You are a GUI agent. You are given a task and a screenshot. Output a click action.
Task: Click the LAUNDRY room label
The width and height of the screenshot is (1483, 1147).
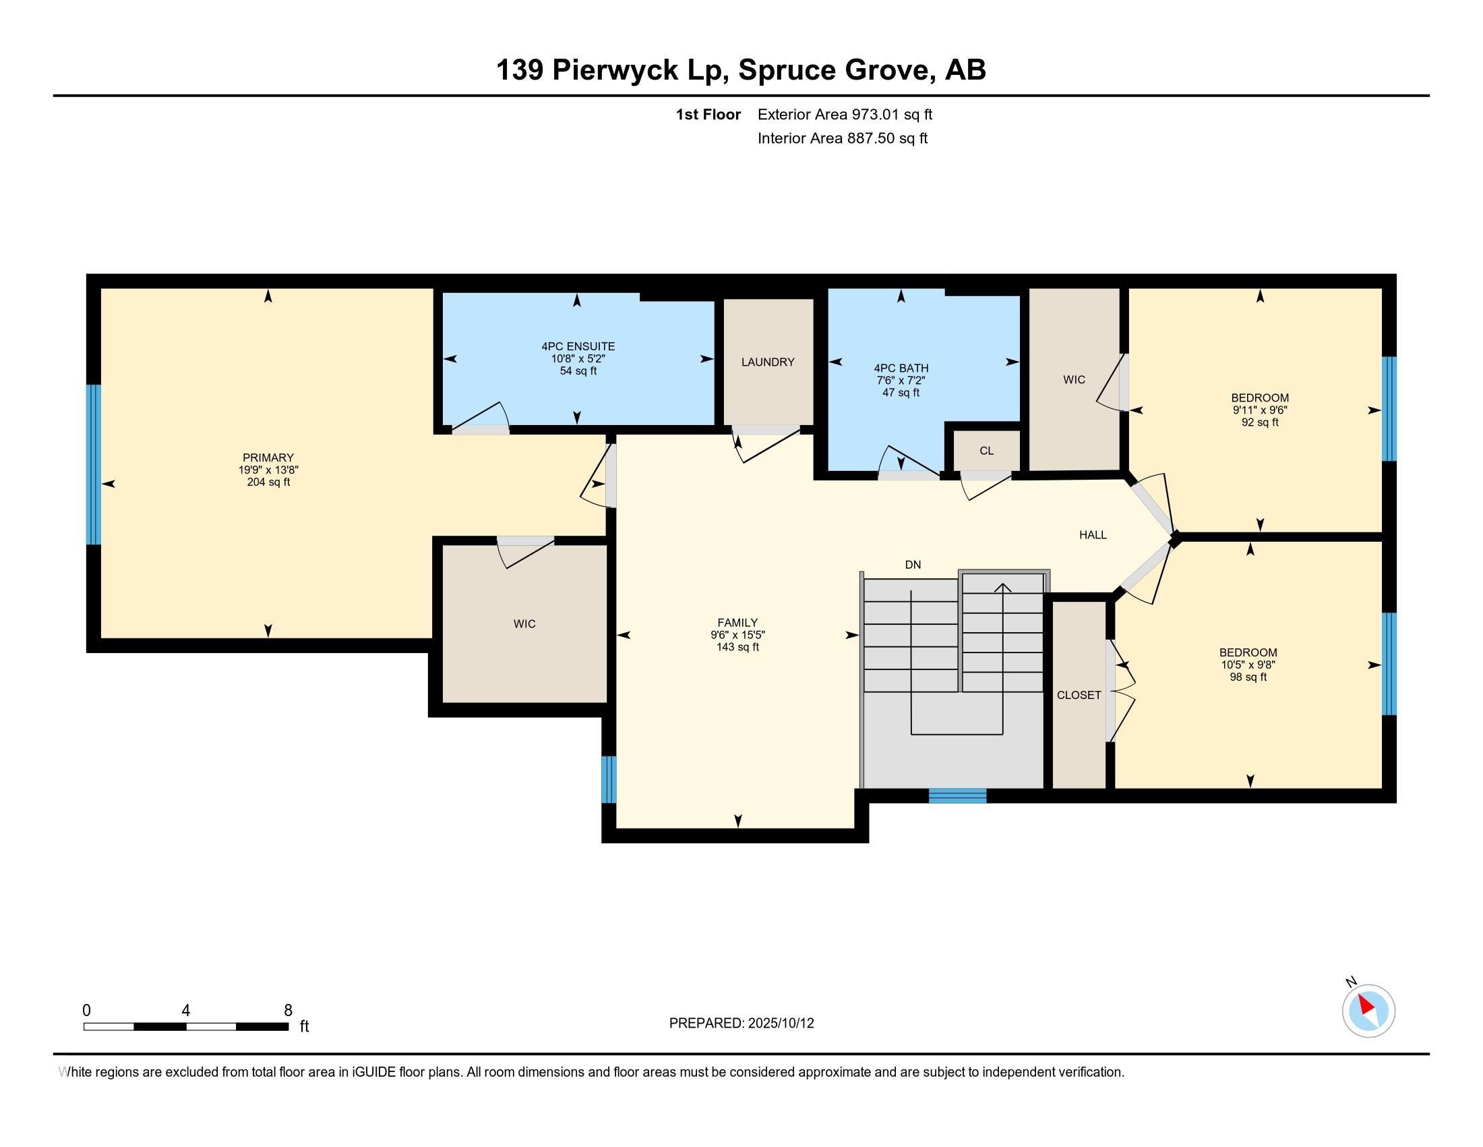pyautogui.click(x=767, y=362)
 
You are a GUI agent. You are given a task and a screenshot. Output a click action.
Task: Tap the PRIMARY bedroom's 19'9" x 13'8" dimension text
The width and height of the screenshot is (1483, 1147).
pyautogui.click(x=268, y=470)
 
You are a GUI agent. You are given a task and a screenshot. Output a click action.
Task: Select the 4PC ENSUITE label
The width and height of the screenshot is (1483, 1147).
pyautogui.click(x=578, y=347)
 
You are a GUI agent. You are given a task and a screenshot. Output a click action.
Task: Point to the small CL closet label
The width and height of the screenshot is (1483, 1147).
pyautogui.click(x=986, y=451)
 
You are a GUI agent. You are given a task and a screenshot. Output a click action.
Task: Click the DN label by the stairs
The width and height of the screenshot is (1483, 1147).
pyautogui.click(x=913, y=565)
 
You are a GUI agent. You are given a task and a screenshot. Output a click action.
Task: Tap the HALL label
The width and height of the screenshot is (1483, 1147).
pyautogui.click(x=1093, y=536)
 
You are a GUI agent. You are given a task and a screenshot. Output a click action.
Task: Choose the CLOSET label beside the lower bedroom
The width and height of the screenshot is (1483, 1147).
pyautogui.click(x=1079, y=695)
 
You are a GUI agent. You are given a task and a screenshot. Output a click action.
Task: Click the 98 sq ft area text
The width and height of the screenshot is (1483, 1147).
pyautogui.click(x=1247, y=677)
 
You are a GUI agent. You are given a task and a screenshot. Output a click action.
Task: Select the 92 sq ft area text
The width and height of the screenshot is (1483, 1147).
pyautogui.click(x=1260, y=422)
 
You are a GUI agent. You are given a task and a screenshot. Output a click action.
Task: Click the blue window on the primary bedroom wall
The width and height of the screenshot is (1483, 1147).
pyautogui.click(x=94, y=465)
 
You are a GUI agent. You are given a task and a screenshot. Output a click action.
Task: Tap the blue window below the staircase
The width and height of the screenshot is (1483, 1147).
pyautogui.click(x=957, y=795)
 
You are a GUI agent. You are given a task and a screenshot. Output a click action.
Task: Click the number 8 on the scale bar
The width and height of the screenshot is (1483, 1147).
pyautogui.click(x=288, y=1011)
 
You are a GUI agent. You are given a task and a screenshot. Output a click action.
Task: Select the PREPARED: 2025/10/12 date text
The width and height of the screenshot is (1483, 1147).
pyautogui.click(x=741, y=1024)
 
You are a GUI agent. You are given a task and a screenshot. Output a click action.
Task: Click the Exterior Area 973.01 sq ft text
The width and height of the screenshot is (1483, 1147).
pyautogui.click(x=845, y=115)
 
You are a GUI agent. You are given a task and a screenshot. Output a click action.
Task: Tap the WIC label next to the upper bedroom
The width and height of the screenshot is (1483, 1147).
pyautogui.click(x=1074, y=380)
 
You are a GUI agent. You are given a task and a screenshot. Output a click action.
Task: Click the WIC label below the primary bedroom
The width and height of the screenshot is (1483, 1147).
pyautogui.click(x=524, y=624)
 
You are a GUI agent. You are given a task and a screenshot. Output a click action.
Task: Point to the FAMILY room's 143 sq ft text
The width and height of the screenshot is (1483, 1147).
pyautogui.click(x=737, y=648)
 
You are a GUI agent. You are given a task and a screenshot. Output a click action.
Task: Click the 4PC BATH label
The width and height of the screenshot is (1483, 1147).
pyautogui.click(x=901, y=368)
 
